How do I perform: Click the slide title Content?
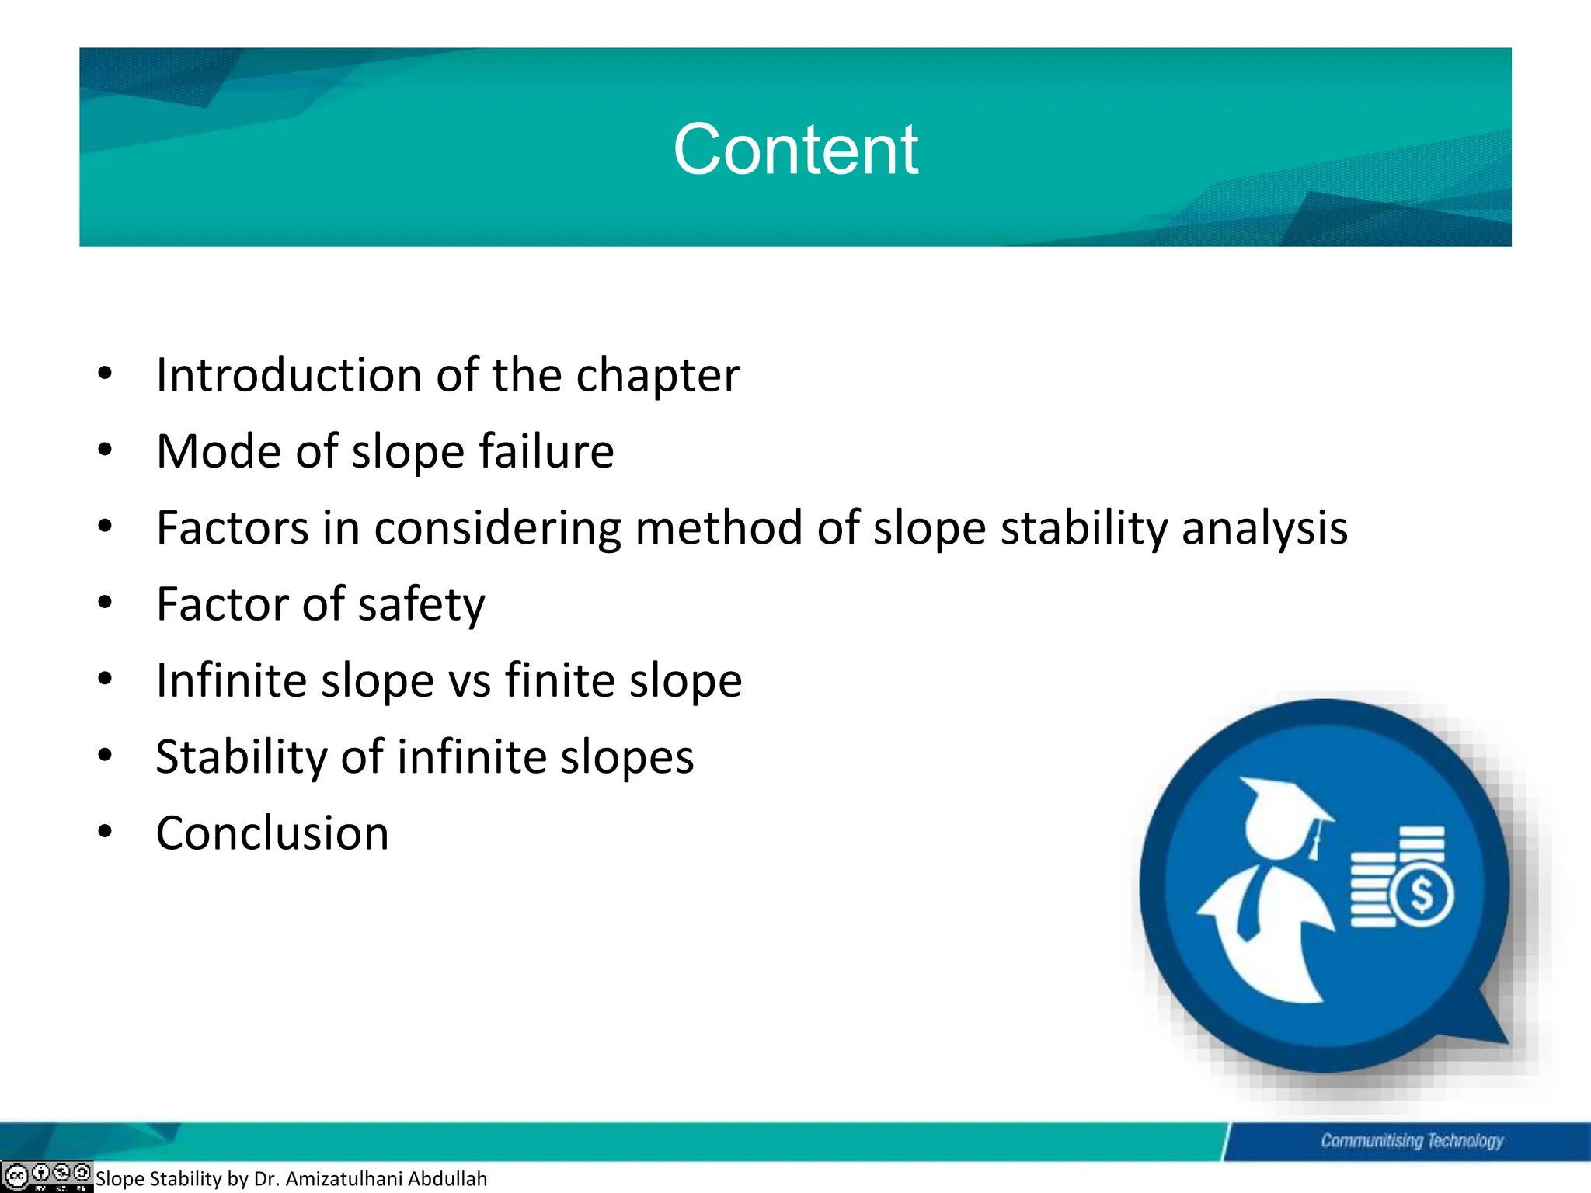(795, 149)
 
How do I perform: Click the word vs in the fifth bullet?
(469, 680)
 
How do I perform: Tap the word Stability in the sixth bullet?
(242, 757)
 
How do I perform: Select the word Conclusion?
(272, 833)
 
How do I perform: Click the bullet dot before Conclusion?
(106, 832)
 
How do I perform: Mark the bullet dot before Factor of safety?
(106, 603)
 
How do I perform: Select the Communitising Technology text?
(1412, 1140)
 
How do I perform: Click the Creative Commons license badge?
(47, 1175)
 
